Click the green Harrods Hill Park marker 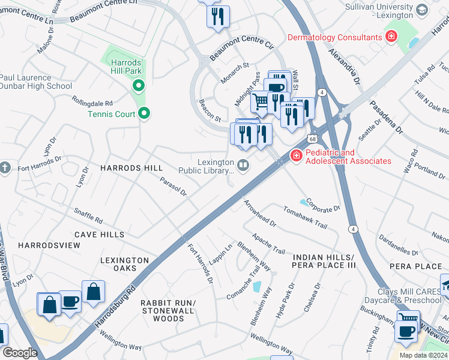pos(138,86)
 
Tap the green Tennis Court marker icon pos(144,113)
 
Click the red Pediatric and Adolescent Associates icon pos(296,156)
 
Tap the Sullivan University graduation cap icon pos(421,10)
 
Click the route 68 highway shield pos(313,139)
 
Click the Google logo pos(19,352)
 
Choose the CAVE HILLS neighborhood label pos(100,235)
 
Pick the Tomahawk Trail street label pos(306,218)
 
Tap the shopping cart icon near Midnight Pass pos(260,101)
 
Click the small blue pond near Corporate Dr pos(303,201)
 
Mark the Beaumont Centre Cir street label pos(241,50)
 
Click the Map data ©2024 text pos(423,355)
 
